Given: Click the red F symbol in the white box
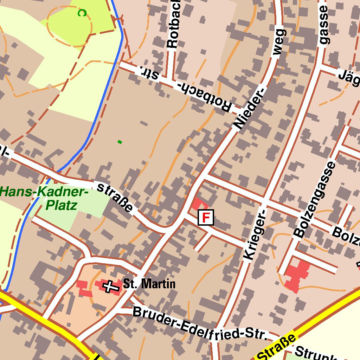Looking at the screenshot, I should coord(206,217).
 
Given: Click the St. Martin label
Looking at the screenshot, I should coord(149,284).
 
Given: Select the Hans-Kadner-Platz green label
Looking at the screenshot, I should coord(44,198).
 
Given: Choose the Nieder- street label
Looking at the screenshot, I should coord(249,108).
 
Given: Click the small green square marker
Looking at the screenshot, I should coord(120,142).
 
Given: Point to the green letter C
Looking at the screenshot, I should coord(82,13).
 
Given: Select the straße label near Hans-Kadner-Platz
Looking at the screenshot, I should coord(115,197).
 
